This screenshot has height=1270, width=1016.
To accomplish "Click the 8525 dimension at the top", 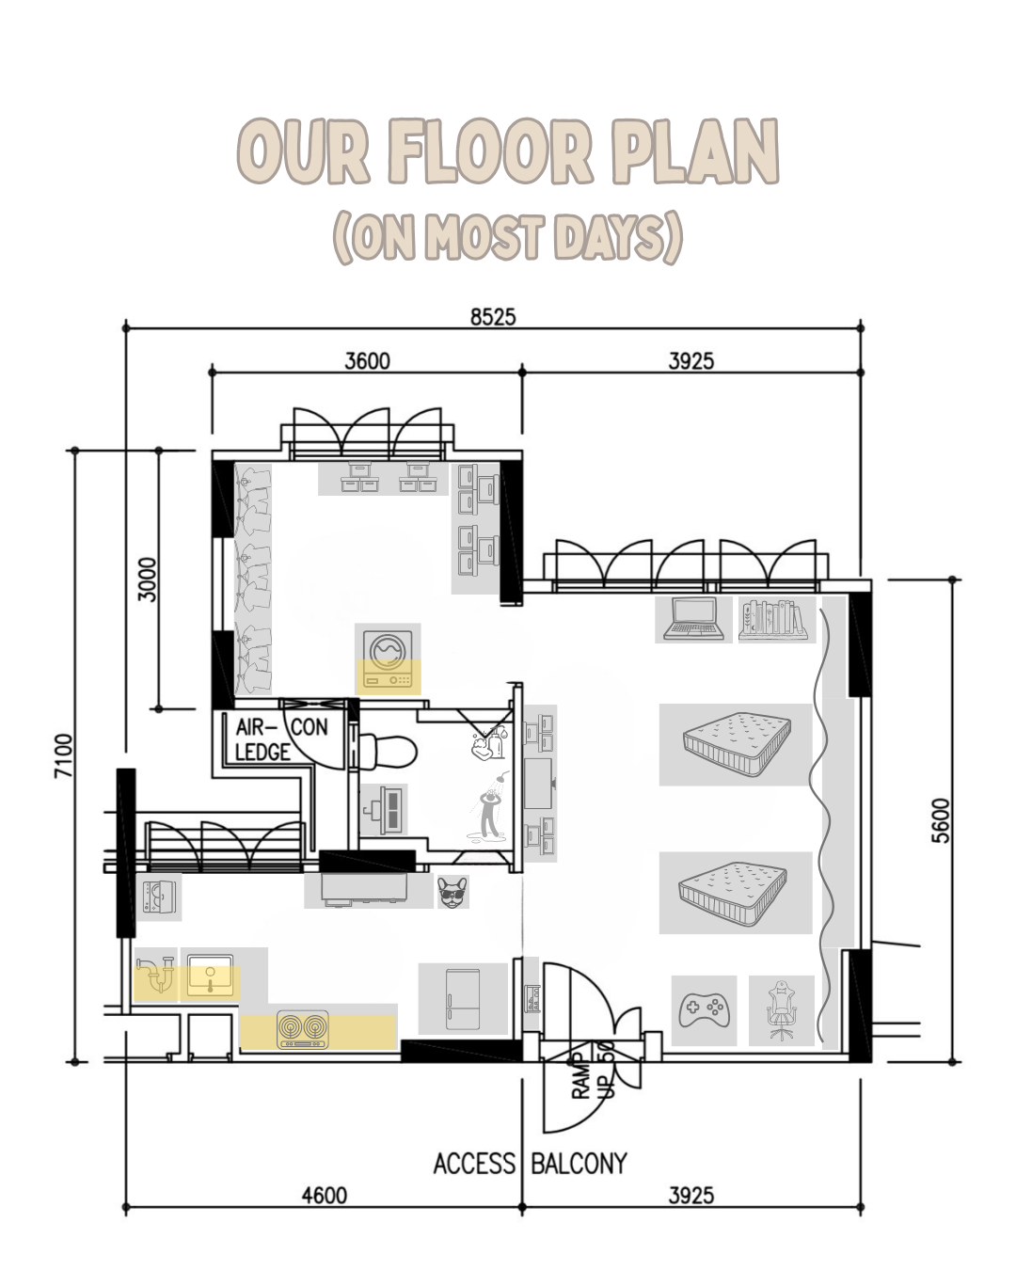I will coord(493,317).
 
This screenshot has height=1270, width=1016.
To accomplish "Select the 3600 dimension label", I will coord(367,361).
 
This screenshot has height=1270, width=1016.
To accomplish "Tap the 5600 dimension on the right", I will coord(941,820).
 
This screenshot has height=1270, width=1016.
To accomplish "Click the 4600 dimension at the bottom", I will coord(324,1195).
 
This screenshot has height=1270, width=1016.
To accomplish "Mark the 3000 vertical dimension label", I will coord(149,579).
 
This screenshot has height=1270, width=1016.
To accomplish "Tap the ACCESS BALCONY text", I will coord(530,1164).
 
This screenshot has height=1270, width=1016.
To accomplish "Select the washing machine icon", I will coord(388,659).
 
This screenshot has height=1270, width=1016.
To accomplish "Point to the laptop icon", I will coord(693,620).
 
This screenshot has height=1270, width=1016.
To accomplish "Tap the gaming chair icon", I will coord(781,1010).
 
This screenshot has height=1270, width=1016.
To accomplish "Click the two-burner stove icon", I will coord(303,1029).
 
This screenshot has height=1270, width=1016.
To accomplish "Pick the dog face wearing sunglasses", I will coord(453,892).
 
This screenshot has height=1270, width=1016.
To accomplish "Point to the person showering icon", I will coord(490,812).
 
